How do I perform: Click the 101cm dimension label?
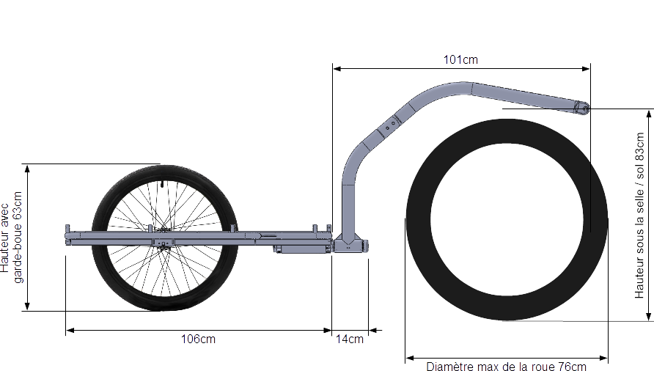[x=460, y=59]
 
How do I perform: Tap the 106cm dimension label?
[x=198, y=339]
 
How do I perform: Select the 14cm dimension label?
[x=350, y=339]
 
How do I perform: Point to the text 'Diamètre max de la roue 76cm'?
[x=506, y=367]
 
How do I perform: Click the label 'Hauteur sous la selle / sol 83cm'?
[x=639, y=216]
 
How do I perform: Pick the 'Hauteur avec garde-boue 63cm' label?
[x=11, y=238]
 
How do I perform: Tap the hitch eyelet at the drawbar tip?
[x=586, y=109]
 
